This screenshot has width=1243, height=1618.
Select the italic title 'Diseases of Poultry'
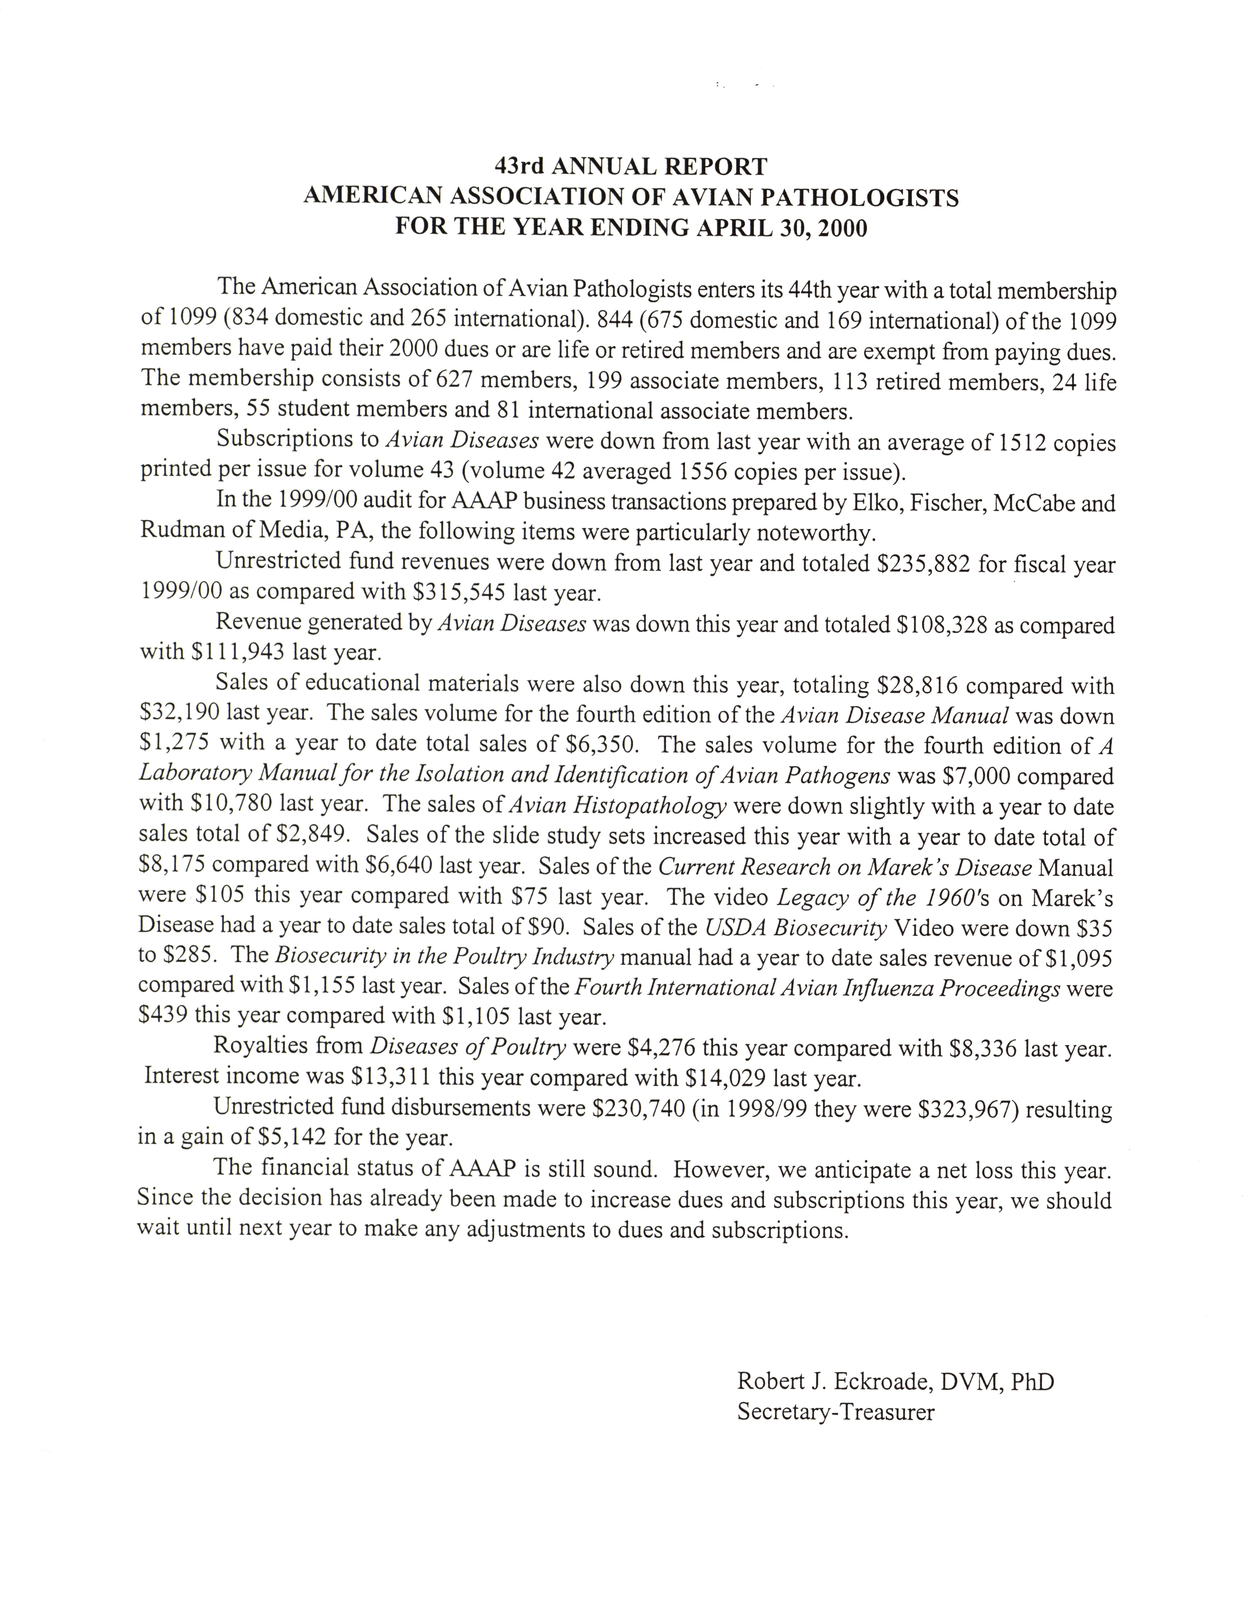click(x=468, y=1046)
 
